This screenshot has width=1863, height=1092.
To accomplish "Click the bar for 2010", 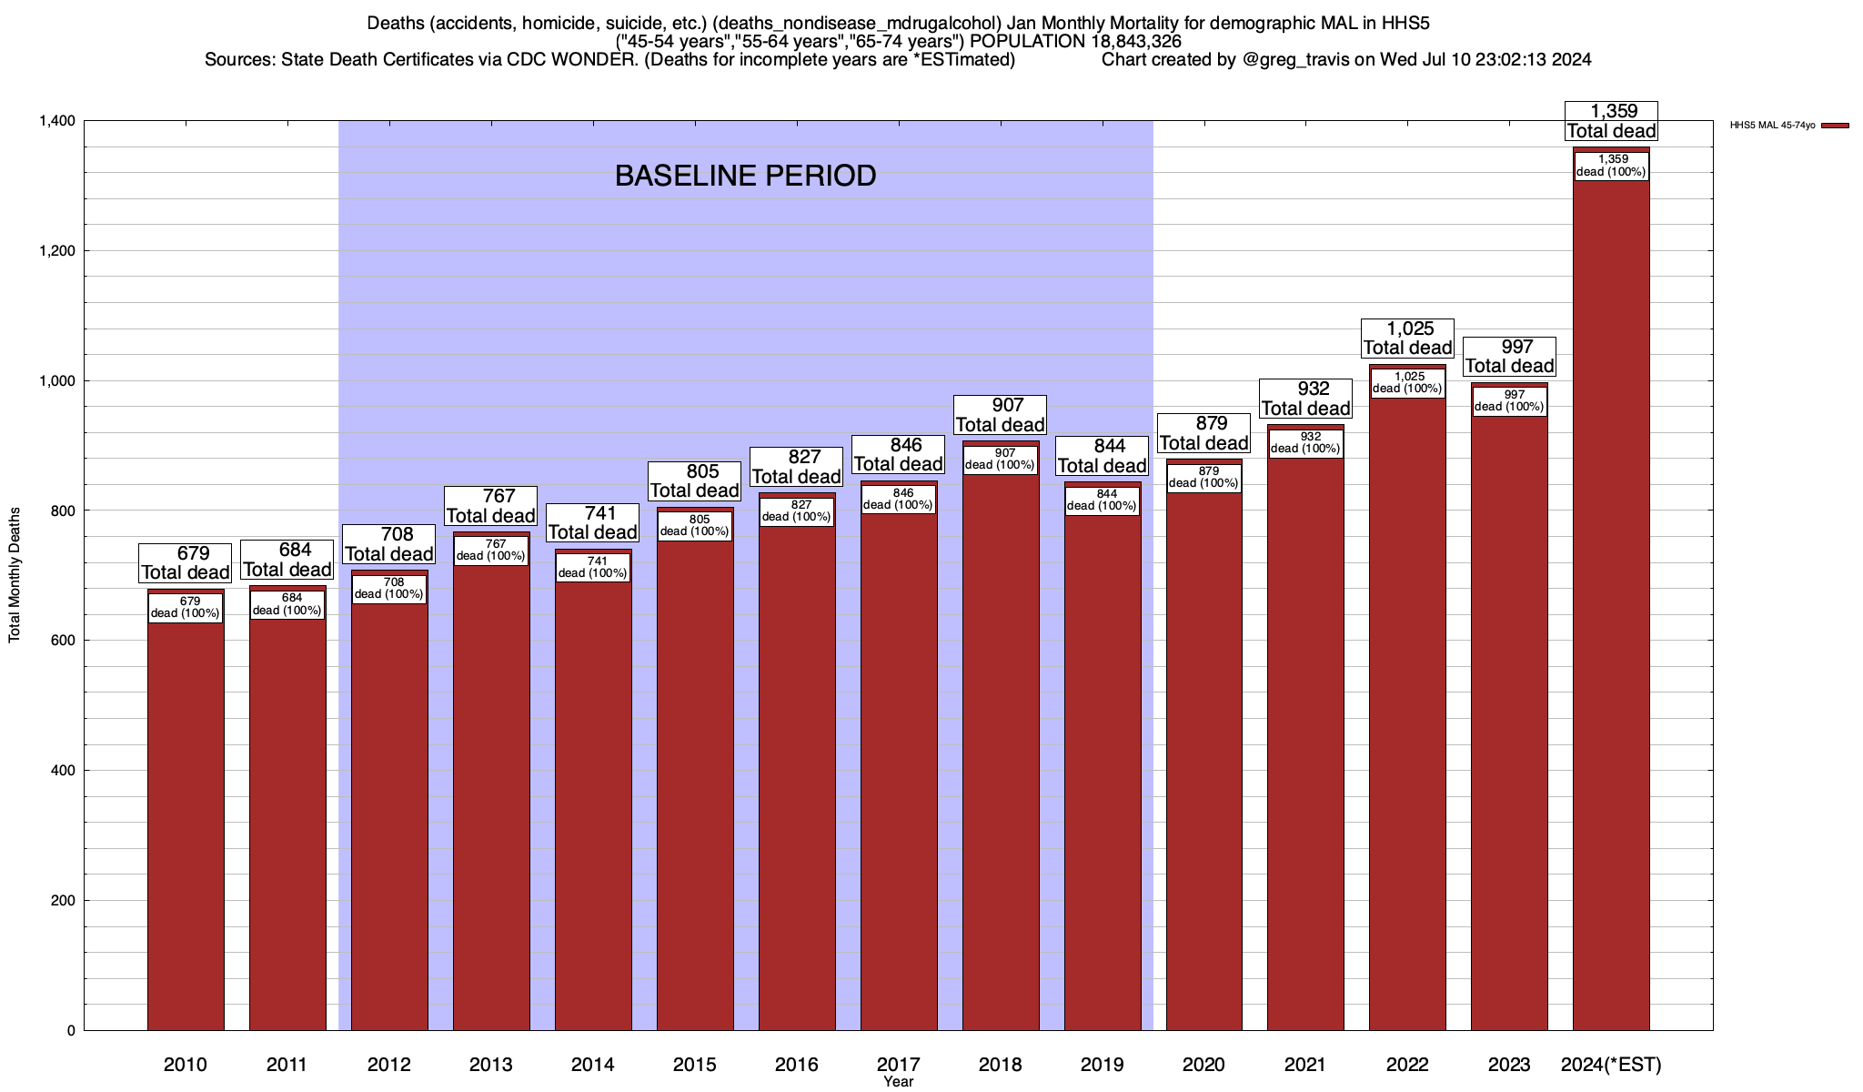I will click(186, 819).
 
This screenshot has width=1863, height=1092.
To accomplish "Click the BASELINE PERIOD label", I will click(745, 176).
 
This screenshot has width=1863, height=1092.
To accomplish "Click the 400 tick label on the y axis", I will click(65, 771).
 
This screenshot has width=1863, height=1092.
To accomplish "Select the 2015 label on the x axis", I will click(694, 1065).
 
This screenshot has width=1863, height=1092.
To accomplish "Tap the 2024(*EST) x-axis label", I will click(1610, 1065).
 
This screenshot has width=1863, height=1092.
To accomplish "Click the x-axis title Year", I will click(898, 1082).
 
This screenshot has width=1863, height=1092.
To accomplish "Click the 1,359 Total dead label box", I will click(1611, 121).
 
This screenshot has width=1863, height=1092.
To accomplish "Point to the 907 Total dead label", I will click(1001, 415).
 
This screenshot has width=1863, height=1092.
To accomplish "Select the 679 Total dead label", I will click(186, 563).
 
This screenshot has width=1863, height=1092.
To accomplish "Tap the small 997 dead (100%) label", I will click(1509, 401).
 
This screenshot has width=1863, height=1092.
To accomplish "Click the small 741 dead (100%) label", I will click(593, 568).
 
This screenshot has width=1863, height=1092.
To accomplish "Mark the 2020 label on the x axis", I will click(1203, 1065).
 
